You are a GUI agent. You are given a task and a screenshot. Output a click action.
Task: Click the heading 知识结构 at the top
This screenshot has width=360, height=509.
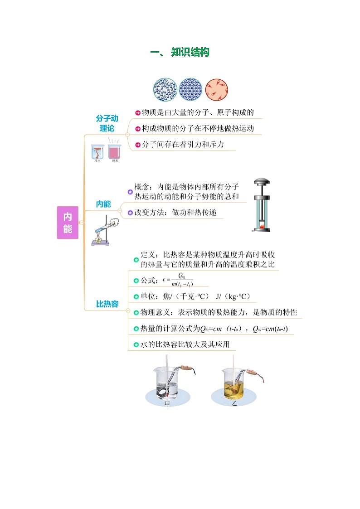point(190,53)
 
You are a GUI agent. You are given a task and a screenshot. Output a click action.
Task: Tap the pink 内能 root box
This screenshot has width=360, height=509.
point(68,223)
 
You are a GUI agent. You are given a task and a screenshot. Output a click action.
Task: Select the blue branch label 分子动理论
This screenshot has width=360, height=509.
point(107,123)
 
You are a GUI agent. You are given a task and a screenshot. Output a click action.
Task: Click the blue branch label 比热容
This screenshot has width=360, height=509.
point(107,304)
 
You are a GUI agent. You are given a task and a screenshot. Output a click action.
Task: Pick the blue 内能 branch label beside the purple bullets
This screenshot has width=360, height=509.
point(103,204)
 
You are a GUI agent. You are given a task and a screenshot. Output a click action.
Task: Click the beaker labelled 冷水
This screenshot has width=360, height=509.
point(97,153)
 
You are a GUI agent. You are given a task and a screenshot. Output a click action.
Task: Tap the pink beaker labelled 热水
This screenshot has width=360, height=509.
point(114,152)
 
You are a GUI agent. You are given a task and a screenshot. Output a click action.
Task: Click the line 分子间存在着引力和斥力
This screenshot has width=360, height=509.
point(183,145)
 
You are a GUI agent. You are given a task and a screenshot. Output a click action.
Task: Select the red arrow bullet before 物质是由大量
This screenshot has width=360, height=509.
point(138,113)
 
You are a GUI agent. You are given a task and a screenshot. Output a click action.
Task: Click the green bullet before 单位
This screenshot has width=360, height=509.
point(136,297)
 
